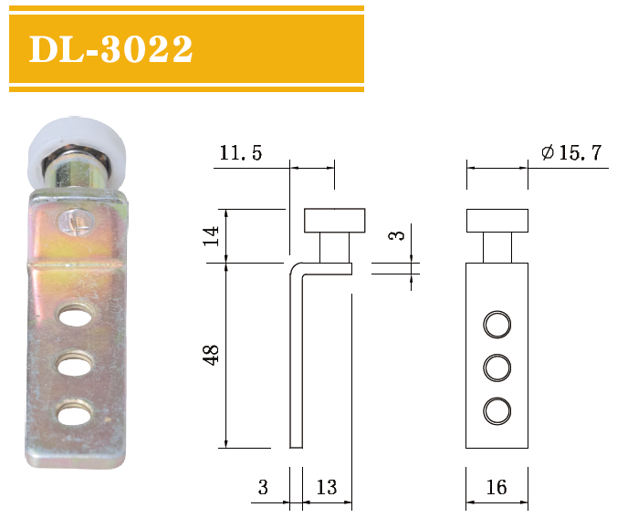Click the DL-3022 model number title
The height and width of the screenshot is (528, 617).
point(111,49)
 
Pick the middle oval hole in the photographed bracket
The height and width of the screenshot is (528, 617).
point(73,366)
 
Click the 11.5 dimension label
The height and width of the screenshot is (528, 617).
point(239,153)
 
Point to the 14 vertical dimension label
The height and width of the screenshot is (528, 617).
point(212,237)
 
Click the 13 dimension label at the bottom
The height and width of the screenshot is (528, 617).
point(327,488)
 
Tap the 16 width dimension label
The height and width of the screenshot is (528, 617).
point(496,488)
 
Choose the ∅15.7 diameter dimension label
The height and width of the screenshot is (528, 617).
point(570,153)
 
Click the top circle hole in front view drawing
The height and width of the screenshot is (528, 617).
point(497,324)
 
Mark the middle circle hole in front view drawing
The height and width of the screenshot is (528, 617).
point(497,368)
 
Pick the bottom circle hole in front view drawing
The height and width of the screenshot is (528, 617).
point(497,410)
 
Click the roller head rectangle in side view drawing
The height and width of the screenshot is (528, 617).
point(334,221)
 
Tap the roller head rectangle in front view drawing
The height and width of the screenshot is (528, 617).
point(497,221)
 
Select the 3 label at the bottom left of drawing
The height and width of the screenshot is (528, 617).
point(263,488)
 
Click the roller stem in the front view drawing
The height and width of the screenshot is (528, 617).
point(497,248)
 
